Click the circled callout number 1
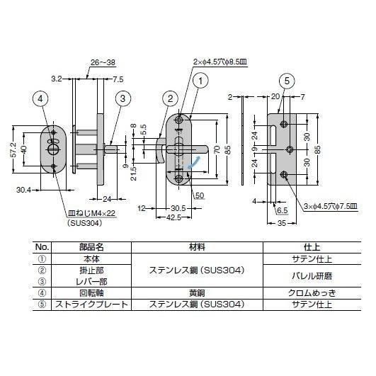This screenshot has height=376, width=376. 200,81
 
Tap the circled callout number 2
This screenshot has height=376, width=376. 170,98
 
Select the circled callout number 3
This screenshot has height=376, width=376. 123,98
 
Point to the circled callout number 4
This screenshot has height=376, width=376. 40,98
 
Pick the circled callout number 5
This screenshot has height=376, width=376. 287,81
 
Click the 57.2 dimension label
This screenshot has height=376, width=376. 14,150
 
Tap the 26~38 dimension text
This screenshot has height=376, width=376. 103,62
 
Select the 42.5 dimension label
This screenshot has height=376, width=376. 173,217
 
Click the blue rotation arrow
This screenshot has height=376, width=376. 194,162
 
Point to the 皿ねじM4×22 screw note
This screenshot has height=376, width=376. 92,213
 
